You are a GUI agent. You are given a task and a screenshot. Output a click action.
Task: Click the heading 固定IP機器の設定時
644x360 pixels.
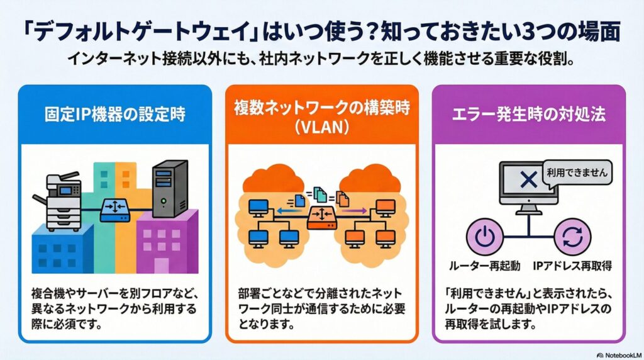(x=114, y=116)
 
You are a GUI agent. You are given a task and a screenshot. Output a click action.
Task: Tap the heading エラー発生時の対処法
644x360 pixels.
(x=529, y=116)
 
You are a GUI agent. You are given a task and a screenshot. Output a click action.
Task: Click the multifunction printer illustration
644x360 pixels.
(x=65, y=200)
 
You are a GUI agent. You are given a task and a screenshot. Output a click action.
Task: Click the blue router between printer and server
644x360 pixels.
(x=115, y=208)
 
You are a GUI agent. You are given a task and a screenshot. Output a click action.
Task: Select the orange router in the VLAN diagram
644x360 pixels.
(x=321, y=218)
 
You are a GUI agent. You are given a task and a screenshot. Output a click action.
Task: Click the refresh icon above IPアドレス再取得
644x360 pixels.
(x=573, y=238)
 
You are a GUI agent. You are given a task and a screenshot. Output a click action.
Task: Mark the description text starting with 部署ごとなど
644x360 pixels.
(x=321, y=309)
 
